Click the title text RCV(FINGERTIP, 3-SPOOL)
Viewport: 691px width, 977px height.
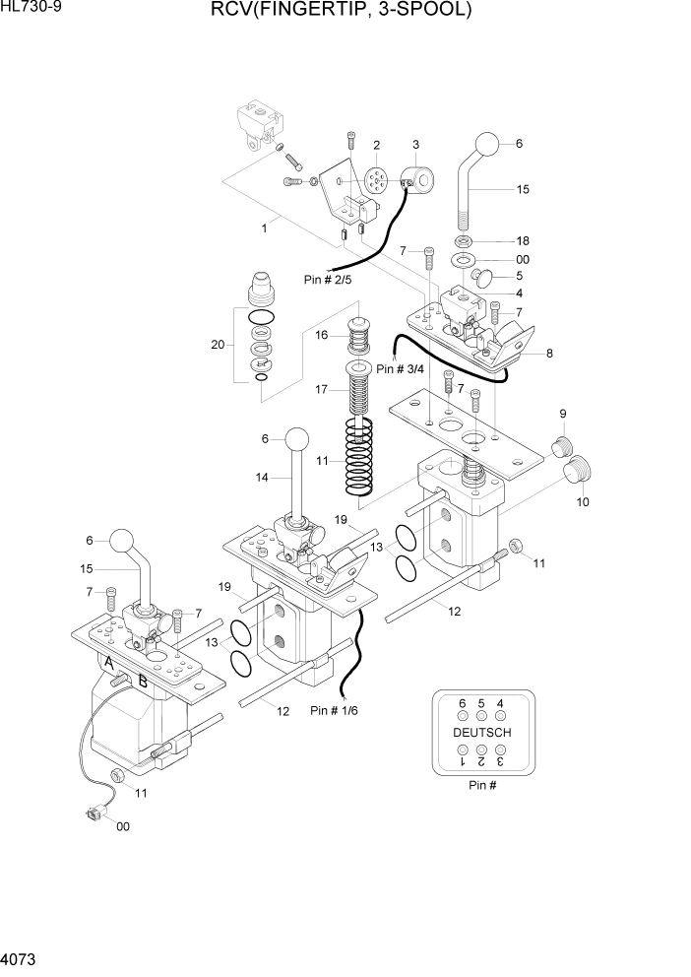[x=341, y=12]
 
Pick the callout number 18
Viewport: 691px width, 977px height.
[x=523, y=241]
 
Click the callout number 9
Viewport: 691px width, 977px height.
[x=564, y=413]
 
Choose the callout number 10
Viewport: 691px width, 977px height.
[x=582, y=502]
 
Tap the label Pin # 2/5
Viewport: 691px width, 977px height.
[x=328, y=280]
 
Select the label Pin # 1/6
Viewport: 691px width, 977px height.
[x=334, y=710]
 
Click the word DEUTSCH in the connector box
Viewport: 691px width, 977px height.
[x=481, y=733]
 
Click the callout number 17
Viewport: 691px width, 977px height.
[x=321, y=390]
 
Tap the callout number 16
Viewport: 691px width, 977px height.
[x=321, y=335]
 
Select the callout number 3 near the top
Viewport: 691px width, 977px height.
[x=415, y=145]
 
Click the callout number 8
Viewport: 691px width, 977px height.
[x=549, y=353]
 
